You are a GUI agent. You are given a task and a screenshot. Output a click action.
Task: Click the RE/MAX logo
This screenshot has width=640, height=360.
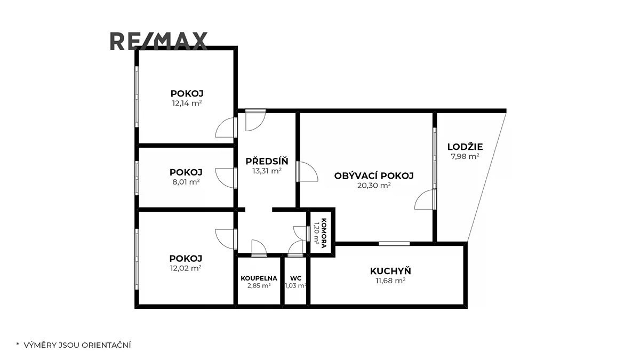[158, 41]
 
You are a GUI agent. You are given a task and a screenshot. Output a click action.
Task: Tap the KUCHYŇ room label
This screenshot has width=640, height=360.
[390, 270]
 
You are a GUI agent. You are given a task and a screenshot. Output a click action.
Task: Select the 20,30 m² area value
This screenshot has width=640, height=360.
[374, 186]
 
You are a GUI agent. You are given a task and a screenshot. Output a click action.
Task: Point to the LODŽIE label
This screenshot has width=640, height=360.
[465, 147]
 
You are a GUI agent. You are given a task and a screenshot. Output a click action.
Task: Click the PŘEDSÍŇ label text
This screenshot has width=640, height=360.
[267, 161]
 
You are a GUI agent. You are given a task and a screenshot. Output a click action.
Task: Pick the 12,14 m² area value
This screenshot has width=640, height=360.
[187, 103]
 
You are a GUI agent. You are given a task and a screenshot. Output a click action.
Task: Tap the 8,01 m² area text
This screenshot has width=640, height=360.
[186, 182]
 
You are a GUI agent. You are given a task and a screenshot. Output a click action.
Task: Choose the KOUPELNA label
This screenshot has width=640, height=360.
[259, 278]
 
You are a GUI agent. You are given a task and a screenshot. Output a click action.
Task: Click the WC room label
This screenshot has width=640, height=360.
[295, 278]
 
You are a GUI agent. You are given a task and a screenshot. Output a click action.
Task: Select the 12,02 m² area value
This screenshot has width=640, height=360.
[186, 268]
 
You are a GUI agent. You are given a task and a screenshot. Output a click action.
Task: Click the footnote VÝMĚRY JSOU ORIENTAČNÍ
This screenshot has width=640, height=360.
[77, 345]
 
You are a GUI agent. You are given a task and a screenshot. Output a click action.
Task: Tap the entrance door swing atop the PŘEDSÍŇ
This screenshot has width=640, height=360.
[255, 120]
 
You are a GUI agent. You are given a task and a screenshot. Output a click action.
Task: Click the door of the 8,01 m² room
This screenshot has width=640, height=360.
[226, 178]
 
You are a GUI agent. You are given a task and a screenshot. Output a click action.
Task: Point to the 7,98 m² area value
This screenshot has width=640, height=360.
[465, 157]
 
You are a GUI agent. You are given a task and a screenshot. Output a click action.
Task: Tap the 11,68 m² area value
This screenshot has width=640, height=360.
[390, 281]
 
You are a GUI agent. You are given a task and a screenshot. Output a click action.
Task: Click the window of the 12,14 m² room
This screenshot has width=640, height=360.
[137, 97]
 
